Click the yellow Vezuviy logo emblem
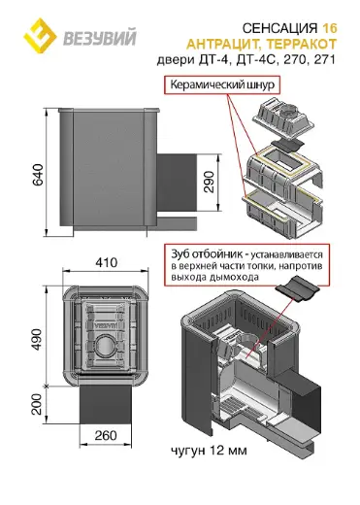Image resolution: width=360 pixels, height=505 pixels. [x=40, y=33]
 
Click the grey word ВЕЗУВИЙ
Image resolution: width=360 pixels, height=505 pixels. [x=100, y=38]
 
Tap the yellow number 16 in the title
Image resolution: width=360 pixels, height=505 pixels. [x=329, y=28]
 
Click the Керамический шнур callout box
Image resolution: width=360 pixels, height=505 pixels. [x=222, y=85]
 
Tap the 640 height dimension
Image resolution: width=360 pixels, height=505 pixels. [x=38, y=175]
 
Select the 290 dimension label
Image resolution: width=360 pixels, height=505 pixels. [x=210, y=182]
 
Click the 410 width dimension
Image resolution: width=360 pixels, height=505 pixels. [x=106, y=262]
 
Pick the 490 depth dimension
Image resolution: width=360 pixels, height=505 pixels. [x=37, y=340]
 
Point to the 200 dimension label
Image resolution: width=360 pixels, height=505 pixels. [x=37, y=404]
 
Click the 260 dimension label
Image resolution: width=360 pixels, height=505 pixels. [x=106, y=435]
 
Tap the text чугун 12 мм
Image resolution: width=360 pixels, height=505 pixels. [x=209, y=451]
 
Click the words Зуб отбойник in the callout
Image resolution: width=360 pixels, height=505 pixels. [x=207, y=254]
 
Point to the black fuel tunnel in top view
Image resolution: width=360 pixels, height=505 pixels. [x=106, y=404]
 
